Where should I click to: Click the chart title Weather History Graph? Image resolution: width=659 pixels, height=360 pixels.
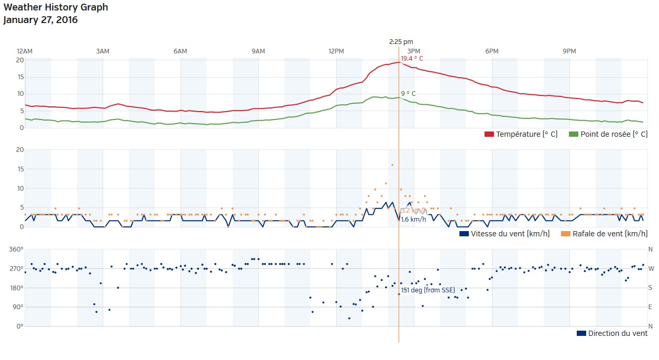point(56,7)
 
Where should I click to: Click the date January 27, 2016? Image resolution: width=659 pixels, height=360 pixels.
point(40,20)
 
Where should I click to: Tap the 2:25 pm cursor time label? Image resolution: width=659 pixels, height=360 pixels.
point(401,41)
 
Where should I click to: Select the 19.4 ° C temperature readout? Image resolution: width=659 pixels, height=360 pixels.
point(412,59)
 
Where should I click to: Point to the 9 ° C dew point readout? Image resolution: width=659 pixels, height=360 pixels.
point(408,94)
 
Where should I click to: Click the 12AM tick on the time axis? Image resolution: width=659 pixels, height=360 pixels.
point(25,51)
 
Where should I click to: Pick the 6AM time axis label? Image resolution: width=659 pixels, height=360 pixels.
point(180,51)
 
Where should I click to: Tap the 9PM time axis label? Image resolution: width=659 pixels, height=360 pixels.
point(569,51)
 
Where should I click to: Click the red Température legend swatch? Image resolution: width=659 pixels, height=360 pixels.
point(489,135)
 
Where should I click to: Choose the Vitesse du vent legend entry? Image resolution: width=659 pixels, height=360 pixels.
point(504,234)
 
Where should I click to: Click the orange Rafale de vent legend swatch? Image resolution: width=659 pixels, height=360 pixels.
point(566,234)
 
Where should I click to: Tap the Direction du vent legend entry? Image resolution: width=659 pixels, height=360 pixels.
point(612,333)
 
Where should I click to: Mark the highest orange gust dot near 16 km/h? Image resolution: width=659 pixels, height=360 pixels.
point(392,165)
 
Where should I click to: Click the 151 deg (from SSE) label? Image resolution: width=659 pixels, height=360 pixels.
point(428,290)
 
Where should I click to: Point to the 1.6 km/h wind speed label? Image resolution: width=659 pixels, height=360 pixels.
point(413,219)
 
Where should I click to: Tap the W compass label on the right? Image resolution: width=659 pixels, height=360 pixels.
point(650,269)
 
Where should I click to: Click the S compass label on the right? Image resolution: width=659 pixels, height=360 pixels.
point(650,288)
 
